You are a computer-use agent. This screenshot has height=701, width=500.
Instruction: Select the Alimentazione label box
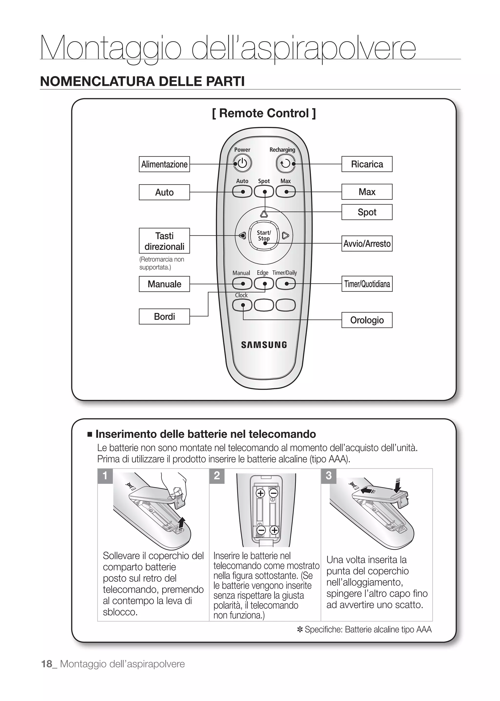[x=164, y=164]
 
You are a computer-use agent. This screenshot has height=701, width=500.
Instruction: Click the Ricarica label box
[x=367, y=164]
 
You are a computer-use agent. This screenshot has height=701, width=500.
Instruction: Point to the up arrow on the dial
[x=264, y=214]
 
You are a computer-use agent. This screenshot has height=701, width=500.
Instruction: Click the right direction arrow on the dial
[x=285, y=236]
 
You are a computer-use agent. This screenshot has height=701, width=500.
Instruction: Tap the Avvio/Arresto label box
[x=367, y=244]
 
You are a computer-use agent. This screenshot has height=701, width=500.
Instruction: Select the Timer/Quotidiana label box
[x=367, y=284]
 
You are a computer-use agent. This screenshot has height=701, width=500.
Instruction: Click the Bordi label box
[x=164, y=316]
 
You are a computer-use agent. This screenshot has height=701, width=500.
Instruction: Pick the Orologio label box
[x=367, y=320]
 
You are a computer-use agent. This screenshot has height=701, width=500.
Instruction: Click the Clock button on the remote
[x=242, y=305]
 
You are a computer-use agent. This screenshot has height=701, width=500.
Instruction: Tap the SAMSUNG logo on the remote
[x=264, y=345]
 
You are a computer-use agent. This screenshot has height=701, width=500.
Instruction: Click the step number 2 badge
[x=217, y=476]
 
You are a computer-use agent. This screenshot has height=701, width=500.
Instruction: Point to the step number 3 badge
[x=329, y=476]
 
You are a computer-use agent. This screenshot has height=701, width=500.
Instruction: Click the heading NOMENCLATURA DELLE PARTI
[x=142, y=81]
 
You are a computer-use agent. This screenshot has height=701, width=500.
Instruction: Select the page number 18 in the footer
[x=47, y=664]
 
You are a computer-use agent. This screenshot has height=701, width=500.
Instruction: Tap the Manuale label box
[x=164, y=284]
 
